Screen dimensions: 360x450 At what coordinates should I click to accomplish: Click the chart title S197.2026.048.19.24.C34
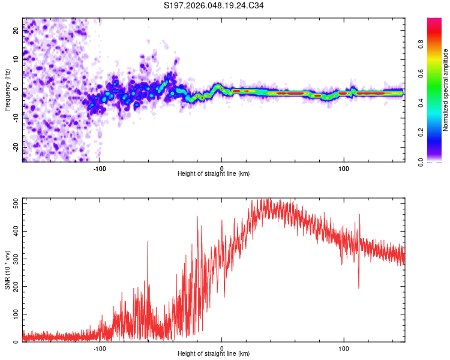coord(214,6)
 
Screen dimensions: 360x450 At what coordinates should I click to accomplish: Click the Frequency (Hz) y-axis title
coord(7,90)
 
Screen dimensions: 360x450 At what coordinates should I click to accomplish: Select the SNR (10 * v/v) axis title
coord(7,270)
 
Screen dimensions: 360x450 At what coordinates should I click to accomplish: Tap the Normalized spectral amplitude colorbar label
coord(445,90)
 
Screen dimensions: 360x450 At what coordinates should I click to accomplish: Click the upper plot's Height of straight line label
coord(214,173)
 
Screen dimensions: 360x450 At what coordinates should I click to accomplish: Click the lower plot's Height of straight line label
coord(214,353)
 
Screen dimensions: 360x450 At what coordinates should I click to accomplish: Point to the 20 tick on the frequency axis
coord(16,31)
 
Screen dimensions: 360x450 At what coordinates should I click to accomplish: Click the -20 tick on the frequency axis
coord(15,146)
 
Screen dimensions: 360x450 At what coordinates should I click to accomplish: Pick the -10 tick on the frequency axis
coord(15,118)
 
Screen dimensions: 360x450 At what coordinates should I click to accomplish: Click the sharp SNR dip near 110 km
coord(359,287)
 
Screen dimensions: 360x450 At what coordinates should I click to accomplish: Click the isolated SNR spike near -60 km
coord(148,242)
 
